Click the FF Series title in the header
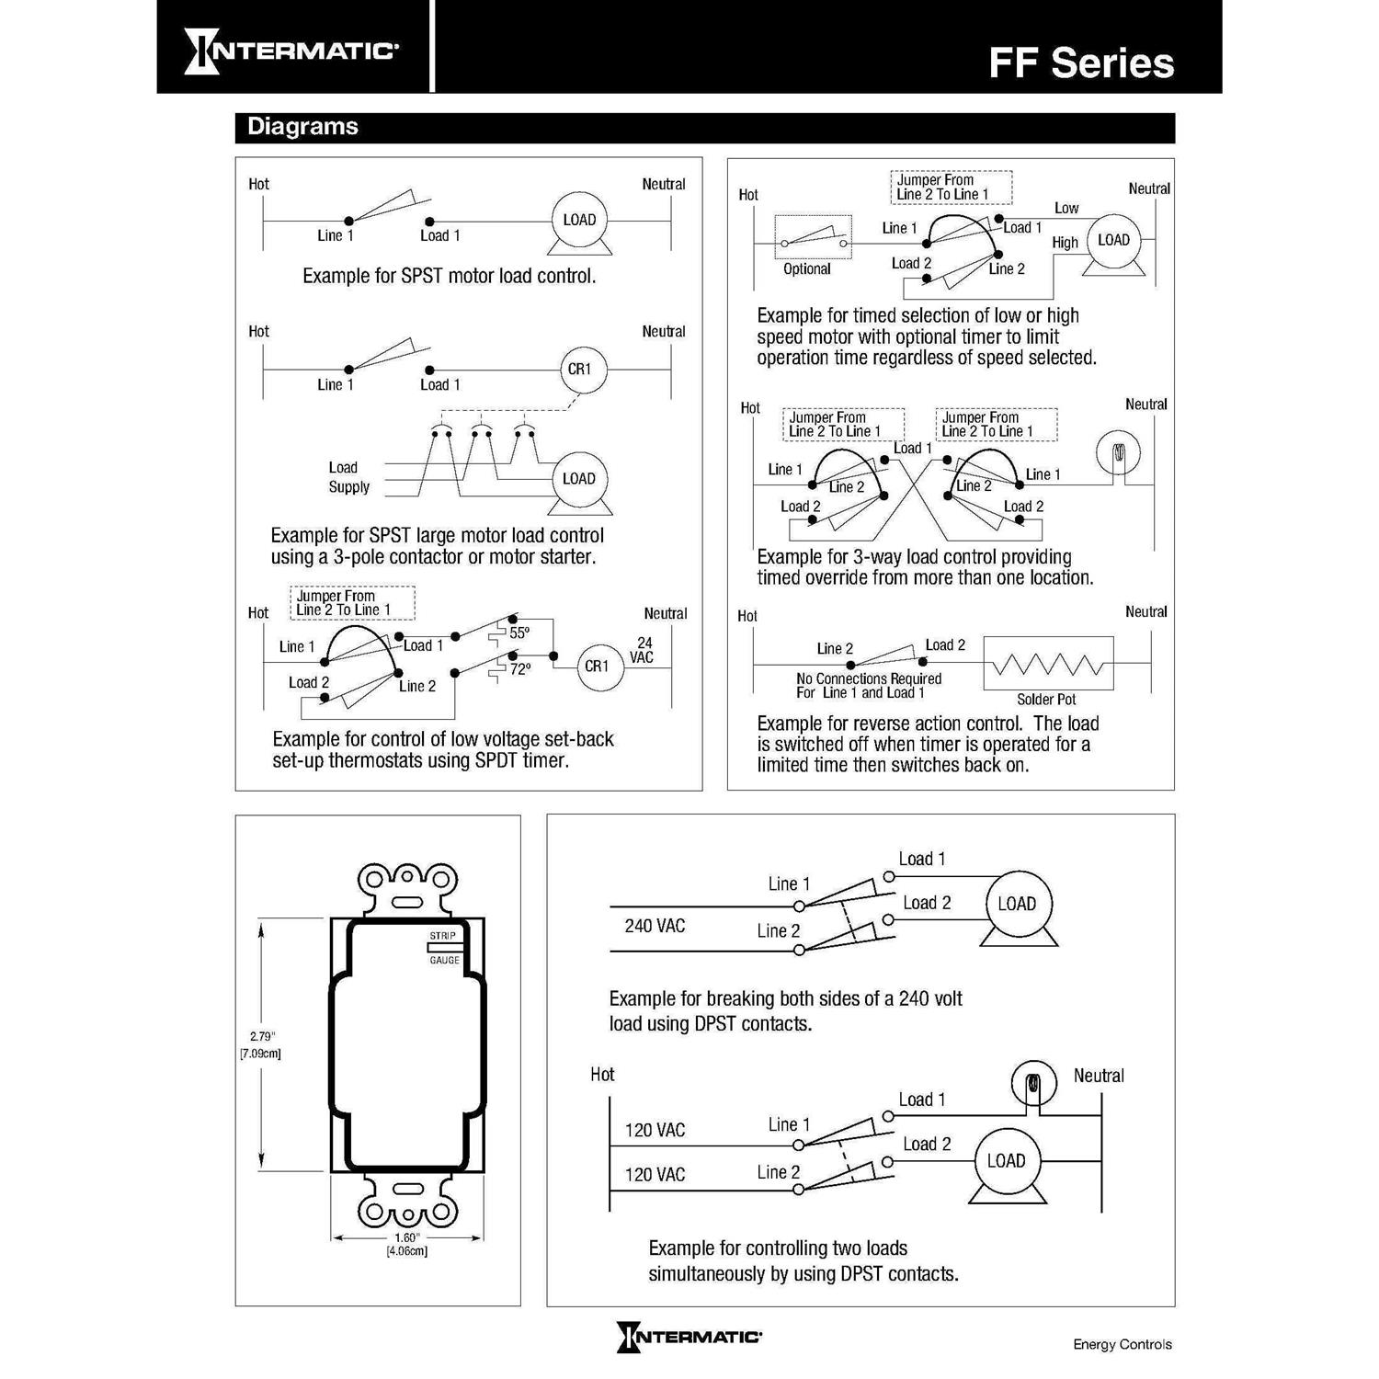1081,63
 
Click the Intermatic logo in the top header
291,51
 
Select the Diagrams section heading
302,127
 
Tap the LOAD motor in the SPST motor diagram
579,221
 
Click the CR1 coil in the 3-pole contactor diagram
579,370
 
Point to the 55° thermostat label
519,633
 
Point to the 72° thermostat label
519,669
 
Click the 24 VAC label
642,650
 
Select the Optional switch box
813,243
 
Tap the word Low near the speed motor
1066,209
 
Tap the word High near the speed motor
1065,243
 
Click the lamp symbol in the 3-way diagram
1119,452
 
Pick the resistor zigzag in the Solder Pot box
1048,664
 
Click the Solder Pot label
1046,700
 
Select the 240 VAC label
655,926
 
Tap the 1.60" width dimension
406,1237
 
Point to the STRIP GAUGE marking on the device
444,948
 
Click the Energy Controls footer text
1123,1345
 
